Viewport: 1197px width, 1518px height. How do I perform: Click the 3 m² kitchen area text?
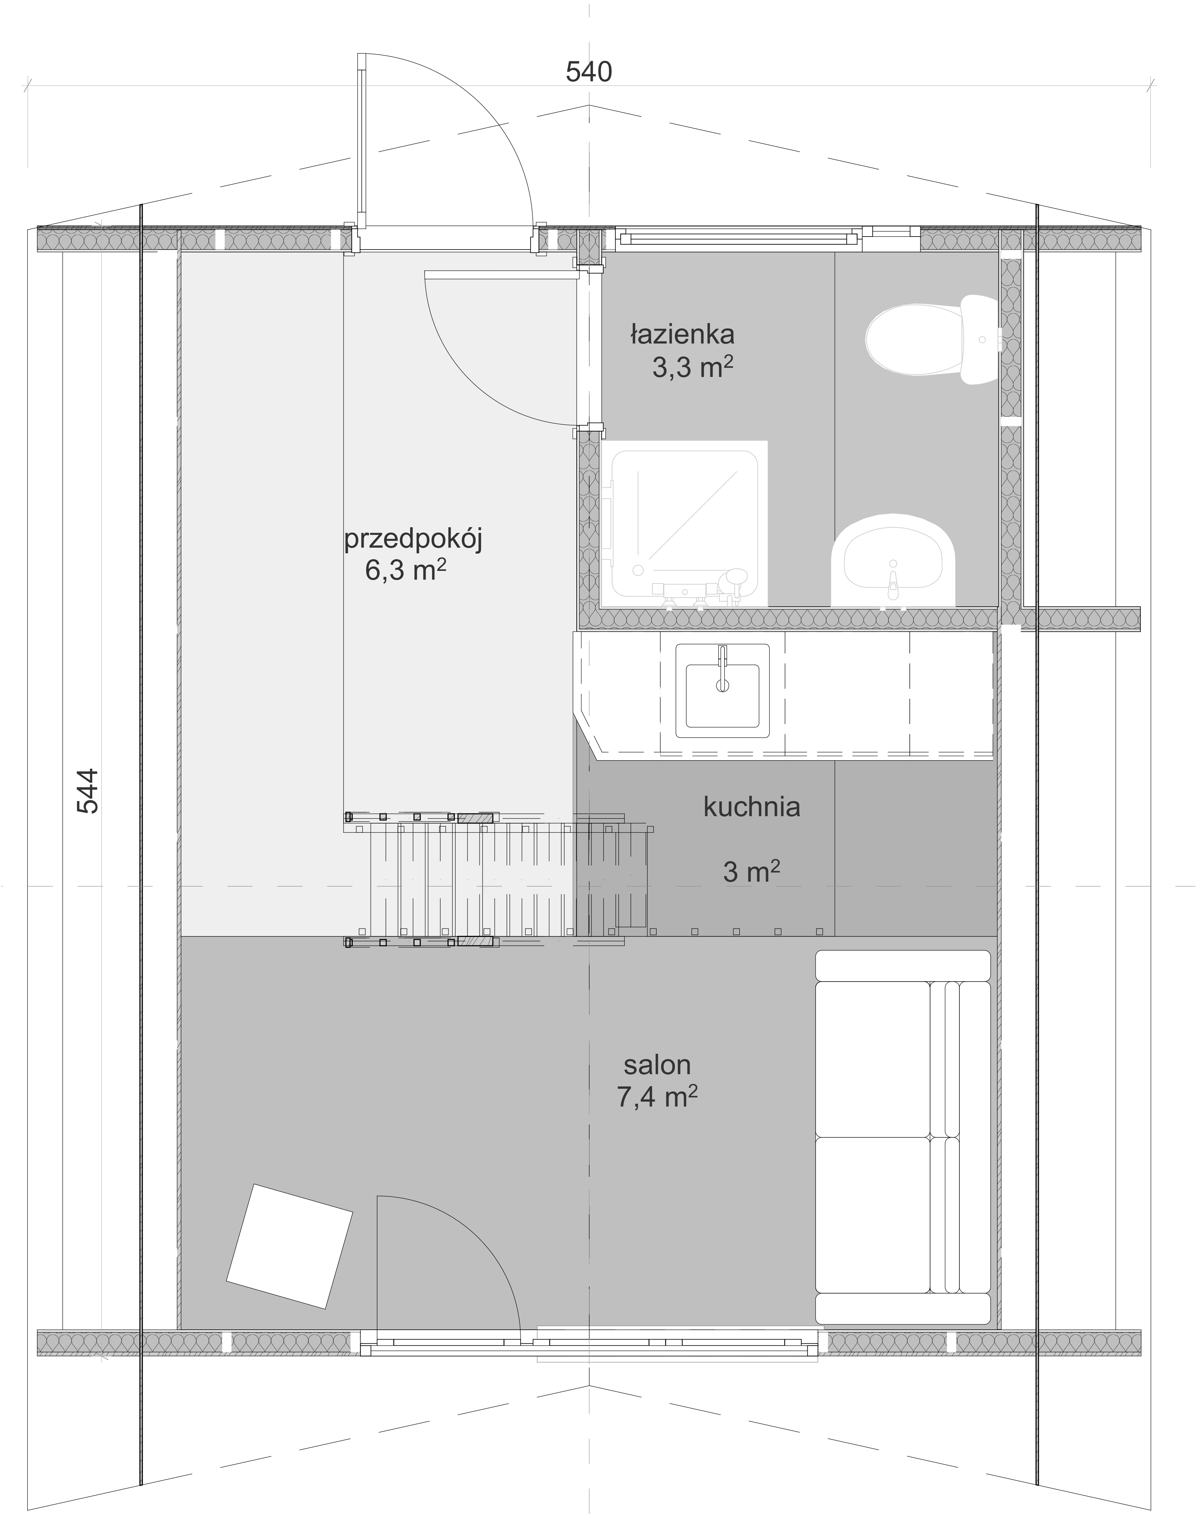[x=751, y=872]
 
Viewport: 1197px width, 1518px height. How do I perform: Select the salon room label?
[x=657, y=1065]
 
